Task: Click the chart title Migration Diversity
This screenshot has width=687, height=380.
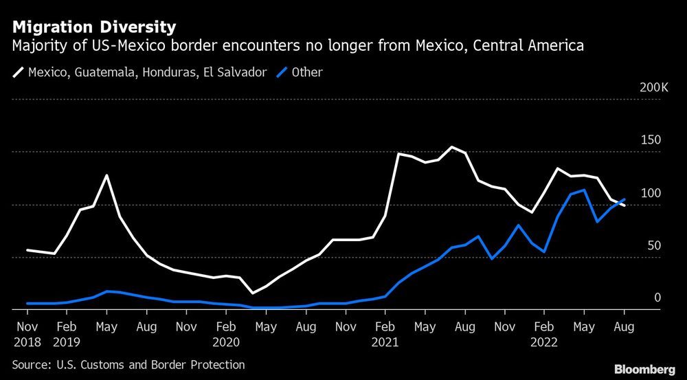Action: [x=93, y=27]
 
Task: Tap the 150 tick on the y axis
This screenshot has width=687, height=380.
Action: [x=651, y=140]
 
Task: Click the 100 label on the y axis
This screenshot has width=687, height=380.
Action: [x=651, y=193]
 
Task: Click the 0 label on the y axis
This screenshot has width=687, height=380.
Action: [x=657, y=298]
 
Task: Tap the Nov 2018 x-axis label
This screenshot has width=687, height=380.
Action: [x=27, y=333]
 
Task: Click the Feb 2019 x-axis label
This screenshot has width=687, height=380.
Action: [x=67, y=333]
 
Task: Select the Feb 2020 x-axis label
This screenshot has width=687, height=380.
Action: [x=226, y=333]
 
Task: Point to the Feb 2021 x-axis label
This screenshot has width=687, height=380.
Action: [x=385, y=333]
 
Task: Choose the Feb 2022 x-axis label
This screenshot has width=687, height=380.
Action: [x=544, y=333]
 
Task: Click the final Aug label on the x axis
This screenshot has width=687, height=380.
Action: [x=624, y=326]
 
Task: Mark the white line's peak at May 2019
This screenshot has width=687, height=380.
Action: [x=106, y=175]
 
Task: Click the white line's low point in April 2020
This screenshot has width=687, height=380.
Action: [x=252, y=293]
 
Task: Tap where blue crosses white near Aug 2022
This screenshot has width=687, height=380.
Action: [x=618, y=203]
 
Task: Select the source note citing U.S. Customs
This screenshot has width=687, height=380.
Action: [x=128, y=365]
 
